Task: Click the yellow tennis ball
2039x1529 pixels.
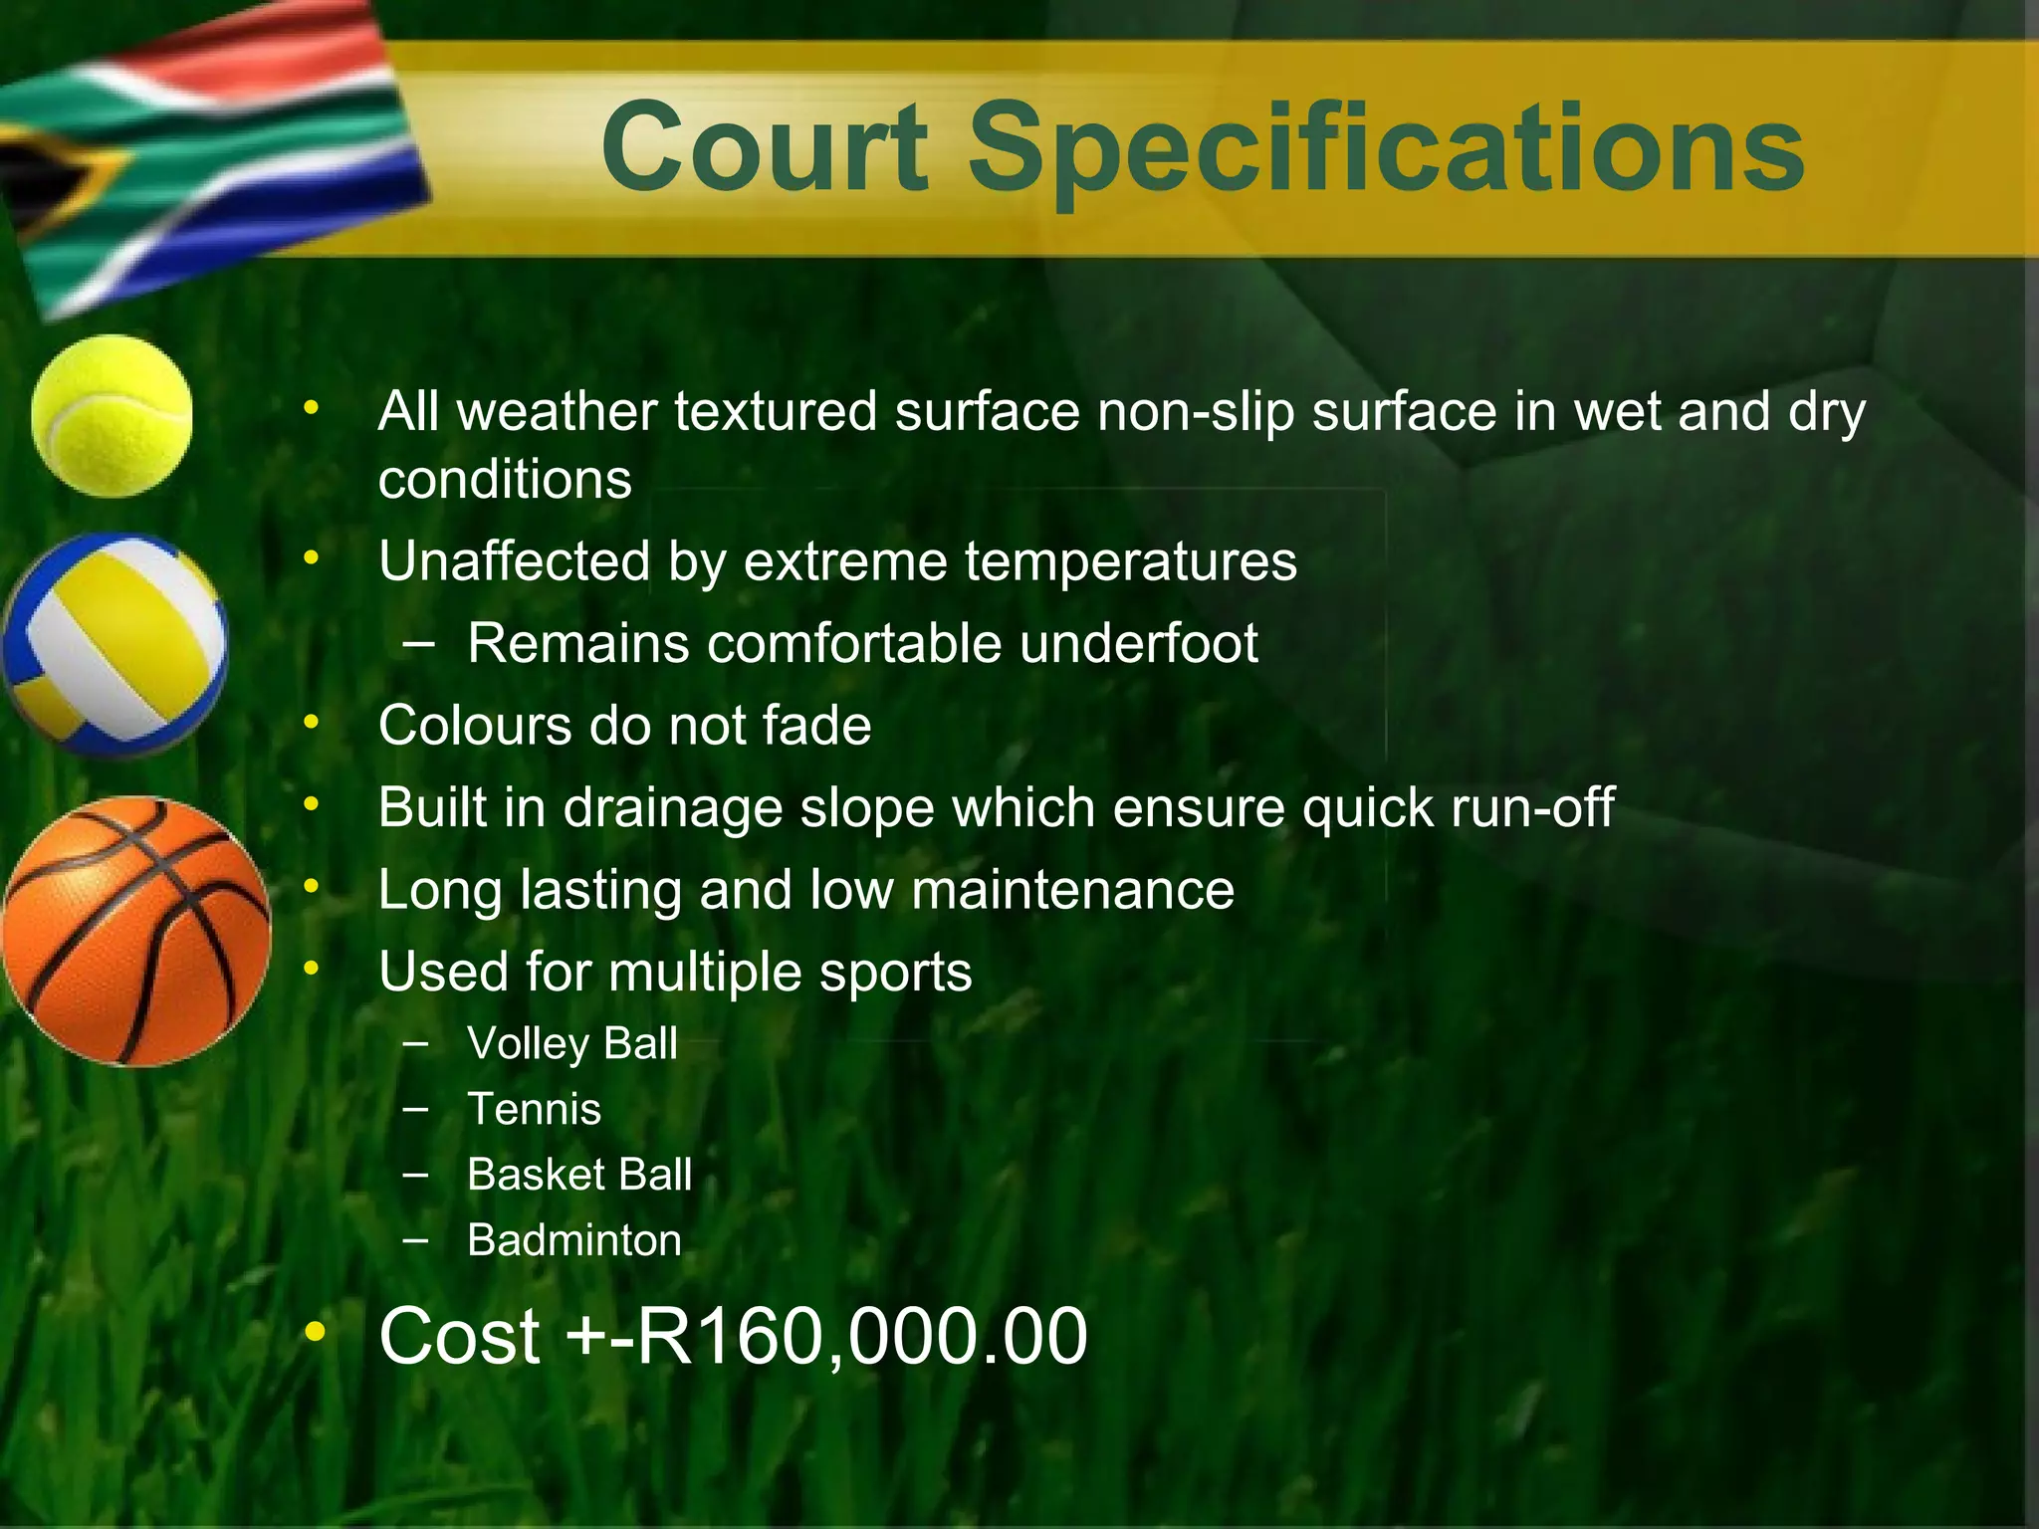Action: coord(112,415)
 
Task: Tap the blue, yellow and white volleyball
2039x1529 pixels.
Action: coord(114,644)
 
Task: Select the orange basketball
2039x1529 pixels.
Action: coord(135,931)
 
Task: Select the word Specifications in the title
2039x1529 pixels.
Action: coord(1386,149)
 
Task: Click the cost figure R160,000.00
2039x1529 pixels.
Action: coord(861,1336)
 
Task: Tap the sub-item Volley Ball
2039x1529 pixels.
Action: coord(572,1044)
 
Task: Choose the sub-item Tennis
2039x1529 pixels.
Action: coord(535,1109)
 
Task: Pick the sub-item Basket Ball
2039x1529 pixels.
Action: coord(579,1175)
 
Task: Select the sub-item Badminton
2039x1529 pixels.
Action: coord(574,1240)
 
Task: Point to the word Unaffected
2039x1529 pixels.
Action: coord(515,561)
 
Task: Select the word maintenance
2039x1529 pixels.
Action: coord(1072,890)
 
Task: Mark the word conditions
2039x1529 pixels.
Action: coord(505,480)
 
